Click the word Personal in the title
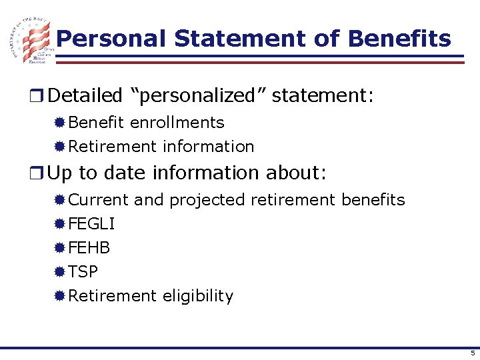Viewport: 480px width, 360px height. coord(111,39)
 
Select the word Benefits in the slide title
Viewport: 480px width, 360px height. coord(400,39)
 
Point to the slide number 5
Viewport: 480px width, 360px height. coord(472,353)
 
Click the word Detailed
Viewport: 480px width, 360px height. coord(85,96)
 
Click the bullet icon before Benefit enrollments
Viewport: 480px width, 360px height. coord(60,123)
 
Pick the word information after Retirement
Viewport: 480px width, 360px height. coord(209,146)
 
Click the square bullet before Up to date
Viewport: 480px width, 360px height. coord(40,173)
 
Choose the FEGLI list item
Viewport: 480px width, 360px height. coord(91,224)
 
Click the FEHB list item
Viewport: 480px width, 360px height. coord(89,248)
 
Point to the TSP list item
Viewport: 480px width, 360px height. coord(83,272)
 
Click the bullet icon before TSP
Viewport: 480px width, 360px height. coord(60,272)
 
